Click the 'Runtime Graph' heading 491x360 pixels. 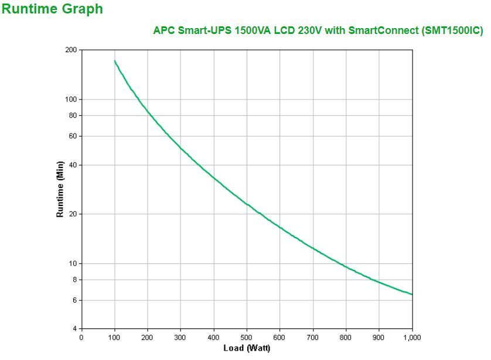[x=53, y=9]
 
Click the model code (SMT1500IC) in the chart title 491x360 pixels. [x=452, y=31]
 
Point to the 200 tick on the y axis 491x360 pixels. [x=71, y=50]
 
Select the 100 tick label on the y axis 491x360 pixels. [x=71, y=99]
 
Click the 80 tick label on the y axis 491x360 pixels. [x=73, y=115]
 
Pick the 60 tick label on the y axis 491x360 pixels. [x=73, y=136]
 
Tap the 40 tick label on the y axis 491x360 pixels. [x=73, y=164]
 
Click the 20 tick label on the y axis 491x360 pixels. [x=73, y=214]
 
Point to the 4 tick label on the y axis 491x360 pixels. [x=74, y=328]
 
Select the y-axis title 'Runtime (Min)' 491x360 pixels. [x=60, y=189]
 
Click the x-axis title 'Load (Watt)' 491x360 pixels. [x=246, y=348]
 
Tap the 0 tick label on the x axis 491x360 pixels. [x=81, y=337]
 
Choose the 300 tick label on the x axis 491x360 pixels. [x=180, y=337]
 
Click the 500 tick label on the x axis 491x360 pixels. [x=247, y=337]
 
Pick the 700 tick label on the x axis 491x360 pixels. [x=313, y=337]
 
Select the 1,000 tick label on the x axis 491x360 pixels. [x=412, y=337]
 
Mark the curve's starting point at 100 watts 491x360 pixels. [x=114, y=60]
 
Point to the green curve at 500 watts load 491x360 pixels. [x=247, y=204]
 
